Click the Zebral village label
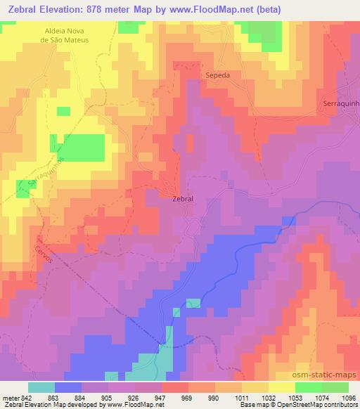pyautogui.click(x=182, y=199)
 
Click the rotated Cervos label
pyautogui.click(x=43, y=252)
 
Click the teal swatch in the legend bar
pyautogui.click(x=41, y=387)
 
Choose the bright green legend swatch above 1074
pyautogui.click(x=308, y=387)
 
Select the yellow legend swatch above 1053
pyautogui.click(x=281, y=387)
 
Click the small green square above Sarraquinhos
pyautogui.click(x=63, y=111)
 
